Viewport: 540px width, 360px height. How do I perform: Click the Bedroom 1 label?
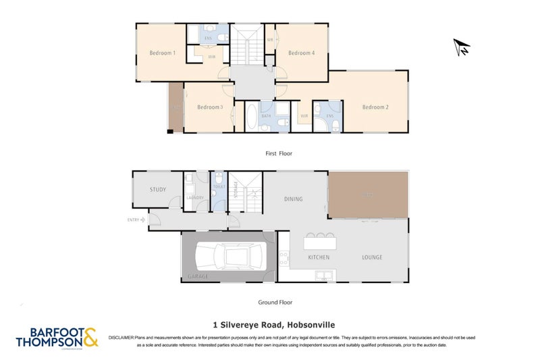(x=162, y=53)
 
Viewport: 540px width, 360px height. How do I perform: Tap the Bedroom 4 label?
(x=302, y=53)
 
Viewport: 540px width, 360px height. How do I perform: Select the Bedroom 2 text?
(x=375, y=107)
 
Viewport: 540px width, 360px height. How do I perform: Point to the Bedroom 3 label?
(x=210, y=107)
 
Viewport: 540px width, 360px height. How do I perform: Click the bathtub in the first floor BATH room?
(x=251, y=117)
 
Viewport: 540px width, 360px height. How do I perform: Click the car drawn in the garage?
(x=227, y=257)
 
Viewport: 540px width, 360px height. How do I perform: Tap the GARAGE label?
(x=198, y=277)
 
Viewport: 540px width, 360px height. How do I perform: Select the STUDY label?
(x=158, y=190)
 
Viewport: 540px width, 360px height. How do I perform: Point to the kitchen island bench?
(x=321, y=241)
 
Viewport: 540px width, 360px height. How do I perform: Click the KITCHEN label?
(x=318, y=257)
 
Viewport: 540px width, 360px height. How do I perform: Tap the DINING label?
(x=293, y=199)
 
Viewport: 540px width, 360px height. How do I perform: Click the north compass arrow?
(x=462, y=47)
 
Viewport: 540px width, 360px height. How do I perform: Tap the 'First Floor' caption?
(x=278, y=154)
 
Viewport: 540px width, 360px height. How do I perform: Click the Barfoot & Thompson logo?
(x=57, y=337)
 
